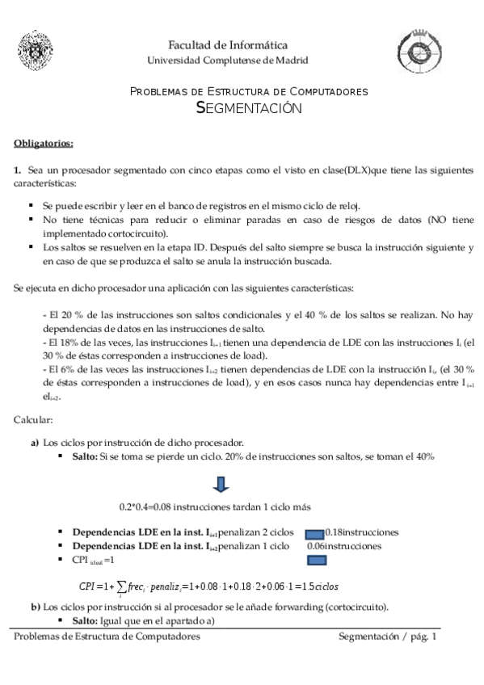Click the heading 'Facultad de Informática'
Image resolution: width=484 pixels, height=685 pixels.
(x=227, y=45)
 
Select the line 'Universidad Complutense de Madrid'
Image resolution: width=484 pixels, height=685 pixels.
(x=227, y=61)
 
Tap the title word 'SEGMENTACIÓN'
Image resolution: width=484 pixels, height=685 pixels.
(x=249, y=109)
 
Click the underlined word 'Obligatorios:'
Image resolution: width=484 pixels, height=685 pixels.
(x=44, y=144)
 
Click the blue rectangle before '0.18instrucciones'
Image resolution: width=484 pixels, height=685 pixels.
(x=314, y=533)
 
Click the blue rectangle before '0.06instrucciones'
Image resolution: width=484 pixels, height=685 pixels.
(x=314, y=546)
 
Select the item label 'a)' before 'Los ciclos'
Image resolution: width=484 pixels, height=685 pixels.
(x=35, y=443)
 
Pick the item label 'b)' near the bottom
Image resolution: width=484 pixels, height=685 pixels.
(x=35, y=607)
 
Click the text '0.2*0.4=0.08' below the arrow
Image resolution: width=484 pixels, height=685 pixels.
(x=146, y=507)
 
